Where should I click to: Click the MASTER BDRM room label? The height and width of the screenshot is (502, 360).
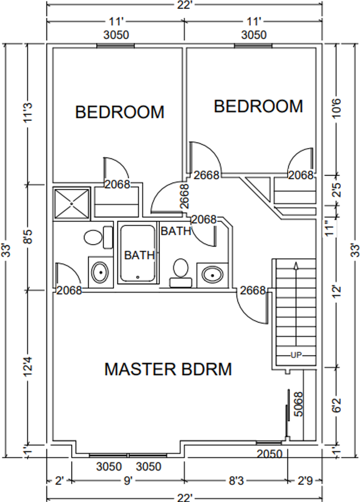pos(168,369)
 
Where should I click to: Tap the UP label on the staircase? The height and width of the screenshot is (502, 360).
pos(296,355)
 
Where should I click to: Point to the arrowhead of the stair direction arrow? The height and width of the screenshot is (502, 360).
pos(296,266)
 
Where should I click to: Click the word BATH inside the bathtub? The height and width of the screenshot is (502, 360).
pos(139,255)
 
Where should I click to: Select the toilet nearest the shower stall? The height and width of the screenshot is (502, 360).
pos(94,237)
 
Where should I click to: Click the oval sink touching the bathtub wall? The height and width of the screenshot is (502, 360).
pos(100,272)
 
